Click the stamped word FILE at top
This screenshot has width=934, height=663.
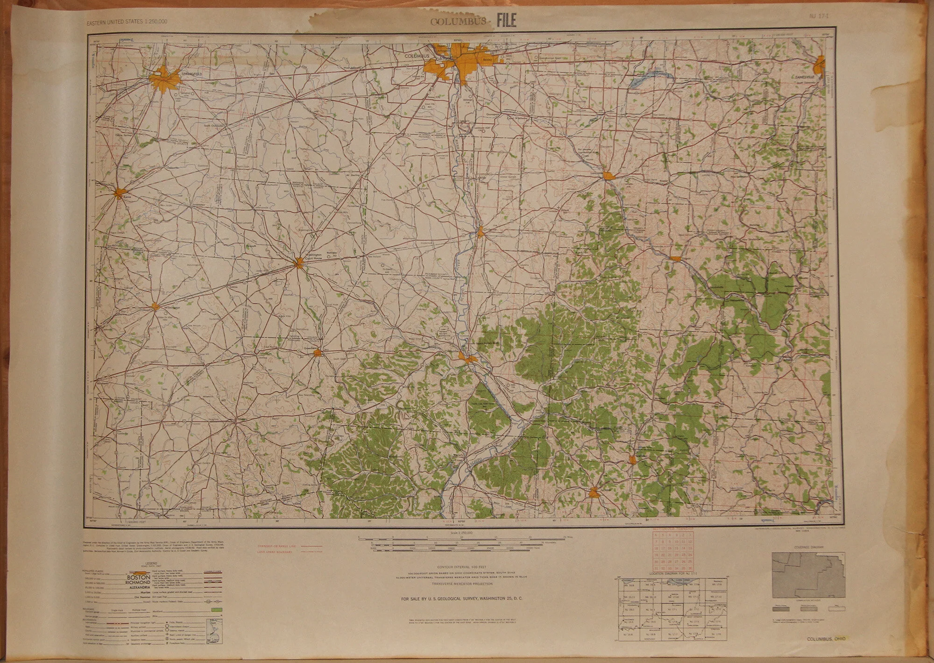coord(506,21)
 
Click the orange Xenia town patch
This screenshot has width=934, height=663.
coord(120,192)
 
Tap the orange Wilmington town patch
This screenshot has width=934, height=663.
coord(156,307)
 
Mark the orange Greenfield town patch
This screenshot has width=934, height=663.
coord(318,352)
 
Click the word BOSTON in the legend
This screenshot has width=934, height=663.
coord(139,577)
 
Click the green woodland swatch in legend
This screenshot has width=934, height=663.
coord(216,610)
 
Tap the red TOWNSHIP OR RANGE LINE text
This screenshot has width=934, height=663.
coord(276,545)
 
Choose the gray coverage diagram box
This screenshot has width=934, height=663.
coord(808,575)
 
